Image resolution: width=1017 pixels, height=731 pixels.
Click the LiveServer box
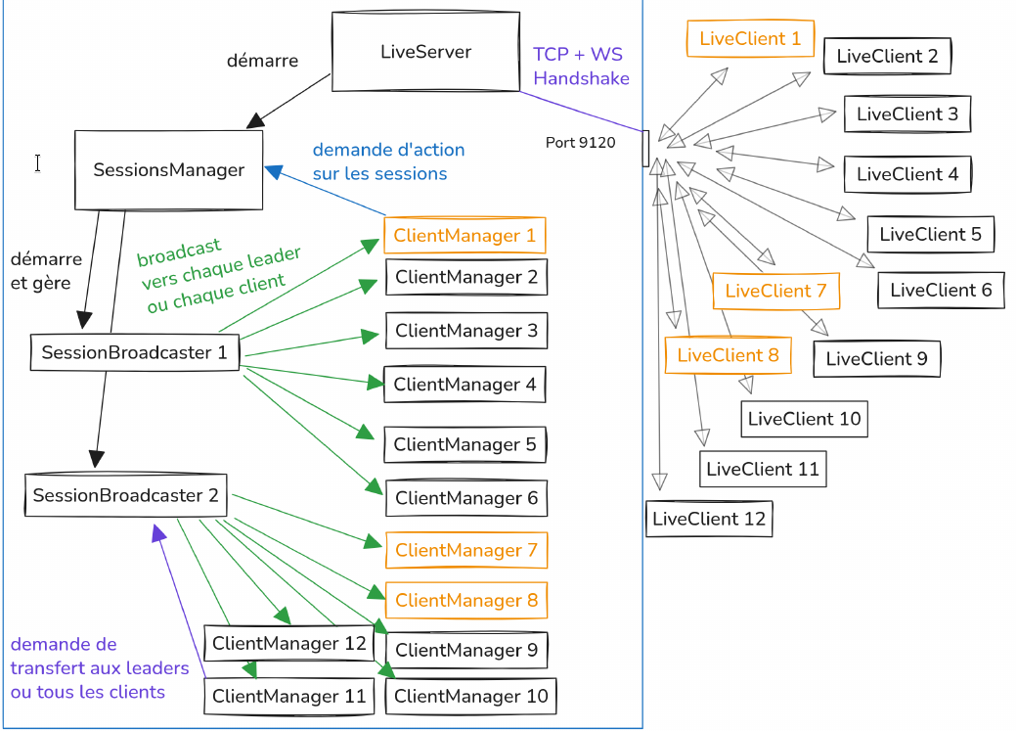point(425,53)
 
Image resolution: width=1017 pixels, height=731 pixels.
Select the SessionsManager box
point(169,170)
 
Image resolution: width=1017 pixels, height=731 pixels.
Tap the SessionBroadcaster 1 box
point(134,352)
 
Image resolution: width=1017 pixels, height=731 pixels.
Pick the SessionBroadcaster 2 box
point(125,495)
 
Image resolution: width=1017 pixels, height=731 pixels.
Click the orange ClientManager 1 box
point(465,236)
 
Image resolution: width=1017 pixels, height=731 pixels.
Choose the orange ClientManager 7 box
point(465,550)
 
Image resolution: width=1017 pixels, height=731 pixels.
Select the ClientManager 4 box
point(464,385)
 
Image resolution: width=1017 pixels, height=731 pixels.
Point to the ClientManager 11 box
point(289,697)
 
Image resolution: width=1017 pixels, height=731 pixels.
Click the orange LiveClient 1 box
point(750,39)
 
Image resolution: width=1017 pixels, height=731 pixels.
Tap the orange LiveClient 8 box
point(728,355)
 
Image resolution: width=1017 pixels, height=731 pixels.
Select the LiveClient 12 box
point(709,519)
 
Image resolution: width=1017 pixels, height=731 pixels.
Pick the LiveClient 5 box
point(930,234)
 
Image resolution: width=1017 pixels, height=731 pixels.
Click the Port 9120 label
point(581,143)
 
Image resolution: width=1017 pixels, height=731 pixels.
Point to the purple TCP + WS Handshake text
point(581,66)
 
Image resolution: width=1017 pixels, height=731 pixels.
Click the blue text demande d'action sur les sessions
point(388,161)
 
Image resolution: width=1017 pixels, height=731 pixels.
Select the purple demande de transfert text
point(98,668)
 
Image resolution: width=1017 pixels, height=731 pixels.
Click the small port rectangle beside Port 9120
point(645,148)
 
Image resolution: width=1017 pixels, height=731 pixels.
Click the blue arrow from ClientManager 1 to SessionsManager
point(328,192)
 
